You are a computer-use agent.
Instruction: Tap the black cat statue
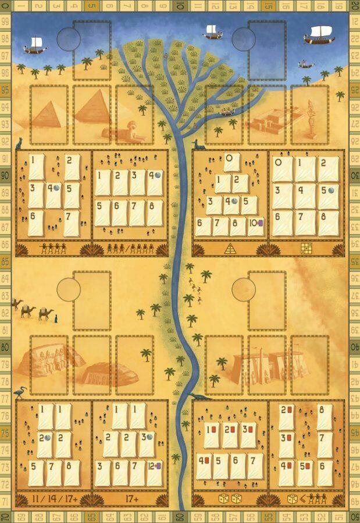[x=19, y=143]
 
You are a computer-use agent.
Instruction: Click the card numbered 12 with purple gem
[x=154, y=465]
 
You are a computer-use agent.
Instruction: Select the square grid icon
[x=305, y=249]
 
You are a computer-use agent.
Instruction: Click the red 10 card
[x=210, y=430]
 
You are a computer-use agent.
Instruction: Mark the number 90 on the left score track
[x=5, y=175]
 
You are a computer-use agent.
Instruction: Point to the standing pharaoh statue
[x=311, y=119]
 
